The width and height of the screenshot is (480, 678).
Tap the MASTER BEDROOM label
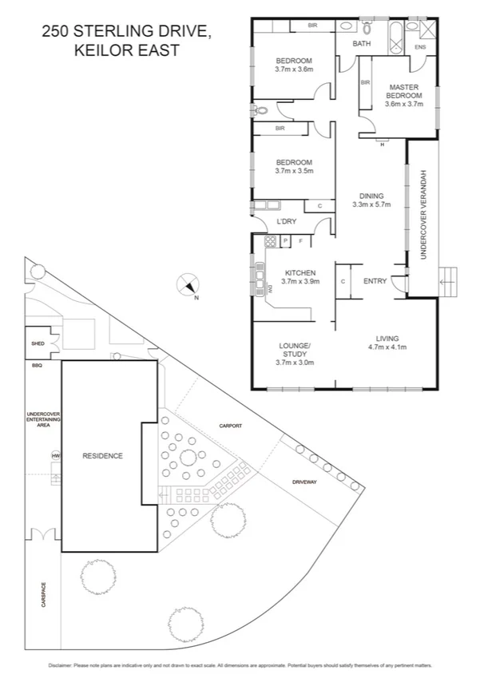click(403, 95)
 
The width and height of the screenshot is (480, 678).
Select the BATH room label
click(362, 44)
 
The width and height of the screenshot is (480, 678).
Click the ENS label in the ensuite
click(420, 48)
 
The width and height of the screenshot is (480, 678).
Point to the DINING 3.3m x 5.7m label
click(371, 200)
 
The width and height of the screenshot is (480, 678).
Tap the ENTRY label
click(375, 281)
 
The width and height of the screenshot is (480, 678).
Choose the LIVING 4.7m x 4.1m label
click(387, 343)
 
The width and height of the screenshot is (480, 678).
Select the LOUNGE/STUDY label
click(294, 350)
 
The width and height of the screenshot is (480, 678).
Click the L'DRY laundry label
click(285, 221)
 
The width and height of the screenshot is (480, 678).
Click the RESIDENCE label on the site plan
click(103, 456)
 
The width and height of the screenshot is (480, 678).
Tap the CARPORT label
click(228, 426)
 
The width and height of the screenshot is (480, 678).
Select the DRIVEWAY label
click(304, 483)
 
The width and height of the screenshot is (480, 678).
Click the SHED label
click(38, 345)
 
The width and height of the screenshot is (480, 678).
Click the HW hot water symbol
click(55, 456)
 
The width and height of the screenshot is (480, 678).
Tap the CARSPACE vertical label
click(43, 594)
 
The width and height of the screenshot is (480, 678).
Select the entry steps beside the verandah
click(448, 279)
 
